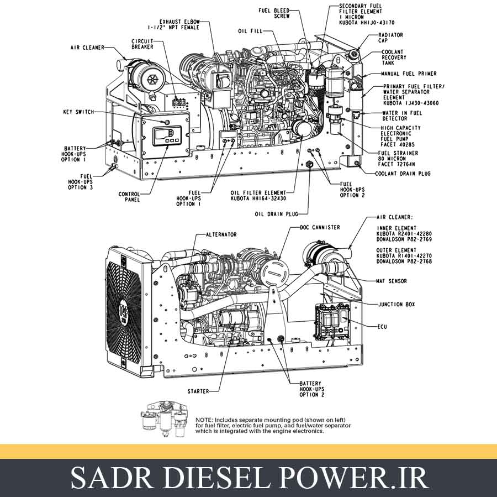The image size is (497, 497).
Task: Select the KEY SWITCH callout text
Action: point(78,112)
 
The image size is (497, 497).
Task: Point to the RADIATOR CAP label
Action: point(392,38)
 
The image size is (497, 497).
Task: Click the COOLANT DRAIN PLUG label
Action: point(403,174)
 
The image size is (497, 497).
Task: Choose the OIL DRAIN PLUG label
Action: point(276,213)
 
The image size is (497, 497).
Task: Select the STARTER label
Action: point(198,391)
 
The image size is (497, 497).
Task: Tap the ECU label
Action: point(382,327)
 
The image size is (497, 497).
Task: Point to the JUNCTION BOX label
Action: point(396,305)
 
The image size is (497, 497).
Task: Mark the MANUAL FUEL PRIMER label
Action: point(409,74)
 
